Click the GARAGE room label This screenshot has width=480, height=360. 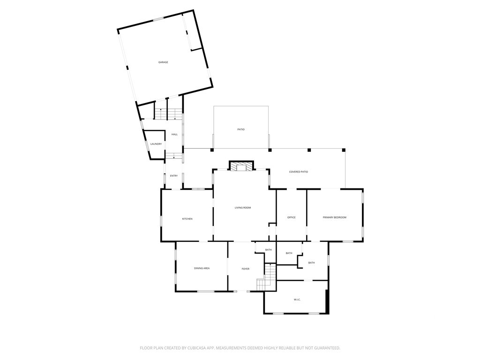click(163, 62)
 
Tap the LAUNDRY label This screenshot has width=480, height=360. click(156, 144)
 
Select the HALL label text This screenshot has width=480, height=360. click(174, 135)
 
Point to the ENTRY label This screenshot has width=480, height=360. click(174, 176)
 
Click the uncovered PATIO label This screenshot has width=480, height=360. click(241, 129)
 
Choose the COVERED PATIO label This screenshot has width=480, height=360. click(299, 172)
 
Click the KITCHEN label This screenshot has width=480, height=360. click(187, 219)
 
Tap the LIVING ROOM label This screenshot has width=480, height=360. click(243, 208)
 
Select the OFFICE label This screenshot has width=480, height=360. click(291, 217)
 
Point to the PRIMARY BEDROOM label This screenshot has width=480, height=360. click(335, 217)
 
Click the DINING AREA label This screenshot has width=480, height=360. click(202, 268)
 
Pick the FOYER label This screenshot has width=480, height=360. click(245, 269)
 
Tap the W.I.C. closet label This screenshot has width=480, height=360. click(297, 299)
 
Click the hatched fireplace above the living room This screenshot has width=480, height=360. click(241, 166)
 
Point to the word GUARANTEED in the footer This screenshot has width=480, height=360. click(323, 348)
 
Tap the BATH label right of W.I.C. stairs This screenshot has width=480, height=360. click(311, 263)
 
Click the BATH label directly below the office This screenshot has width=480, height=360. click(289, 253)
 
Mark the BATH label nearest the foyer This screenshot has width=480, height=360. click(268, 250)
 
